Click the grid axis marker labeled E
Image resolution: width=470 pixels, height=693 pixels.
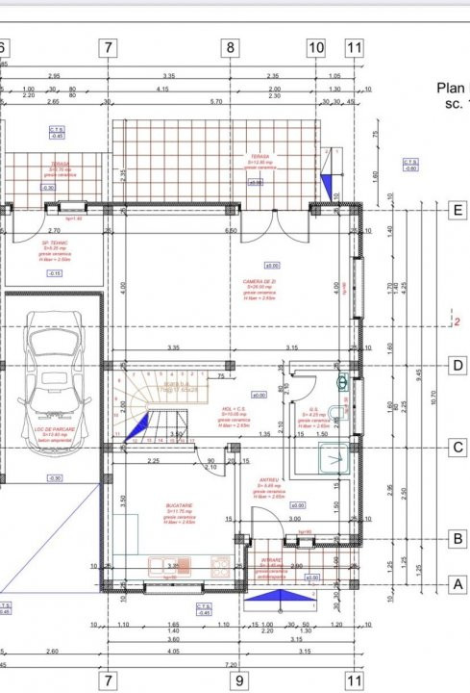coord(458,210)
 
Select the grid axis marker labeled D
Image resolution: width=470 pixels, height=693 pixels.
coord(458,365)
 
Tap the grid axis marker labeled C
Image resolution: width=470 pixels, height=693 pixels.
coord(458,447)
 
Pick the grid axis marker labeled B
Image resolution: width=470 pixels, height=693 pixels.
coord(458,539)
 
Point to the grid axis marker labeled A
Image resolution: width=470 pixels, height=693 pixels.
coord(458,583)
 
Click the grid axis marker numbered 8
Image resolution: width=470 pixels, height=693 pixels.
coord(231,47)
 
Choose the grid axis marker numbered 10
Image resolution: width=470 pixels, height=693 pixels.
coord(316,47)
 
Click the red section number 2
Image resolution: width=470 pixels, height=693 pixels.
coord(458,323)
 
